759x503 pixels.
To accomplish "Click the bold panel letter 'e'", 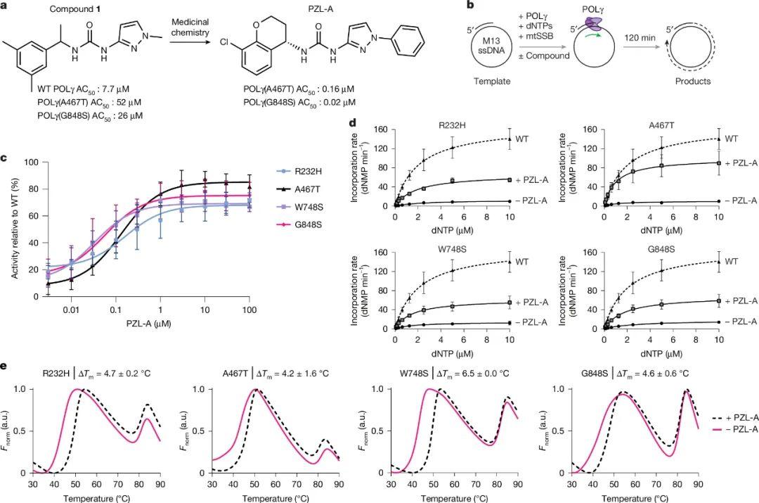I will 6,367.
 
